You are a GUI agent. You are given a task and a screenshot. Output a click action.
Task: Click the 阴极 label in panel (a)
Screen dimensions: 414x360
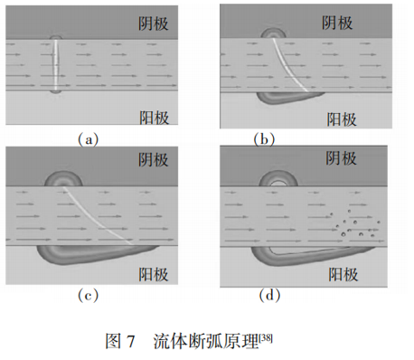click(x=154, y=24)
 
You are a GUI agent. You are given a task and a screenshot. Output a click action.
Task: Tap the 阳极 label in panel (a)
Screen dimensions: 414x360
click(x=154, y=118)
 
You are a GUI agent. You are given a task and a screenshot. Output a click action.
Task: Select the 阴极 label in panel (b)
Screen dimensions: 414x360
click(x=337, y=23)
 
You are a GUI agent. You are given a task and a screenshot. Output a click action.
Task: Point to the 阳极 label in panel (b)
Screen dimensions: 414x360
click(x=342, y=119)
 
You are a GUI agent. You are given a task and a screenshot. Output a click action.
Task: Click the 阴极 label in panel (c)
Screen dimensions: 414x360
click(x=154, y=160)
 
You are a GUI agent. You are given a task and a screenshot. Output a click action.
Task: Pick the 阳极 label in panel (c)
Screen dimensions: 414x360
click(x=154, y=274)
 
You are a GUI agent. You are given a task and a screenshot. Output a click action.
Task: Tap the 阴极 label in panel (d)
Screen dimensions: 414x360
click(x=341, y=158)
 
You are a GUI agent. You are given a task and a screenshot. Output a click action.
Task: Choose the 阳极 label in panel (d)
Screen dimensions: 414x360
click(x=343, y=275)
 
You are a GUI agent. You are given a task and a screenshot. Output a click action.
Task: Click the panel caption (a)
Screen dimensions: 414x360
click(x=89, y=139)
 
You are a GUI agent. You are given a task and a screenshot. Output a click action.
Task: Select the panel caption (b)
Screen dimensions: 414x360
click(x=264, y=139)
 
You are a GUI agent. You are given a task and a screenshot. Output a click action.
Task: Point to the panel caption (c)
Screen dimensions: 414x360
click(x=89, y=295)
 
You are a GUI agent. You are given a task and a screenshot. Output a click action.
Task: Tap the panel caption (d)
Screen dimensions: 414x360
click(x=269, y=295)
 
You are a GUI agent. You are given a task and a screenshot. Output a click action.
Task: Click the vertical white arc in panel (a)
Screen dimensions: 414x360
click(x=56, y=64)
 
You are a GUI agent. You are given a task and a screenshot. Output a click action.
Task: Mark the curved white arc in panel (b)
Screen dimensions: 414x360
click(x=287, y=63)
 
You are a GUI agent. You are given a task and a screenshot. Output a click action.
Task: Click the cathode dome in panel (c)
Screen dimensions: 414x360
click(x=63, y=180)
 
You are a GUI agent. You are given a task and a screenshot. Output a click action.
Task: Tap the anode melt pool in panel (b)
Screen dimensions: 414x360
click(x=289, y=98)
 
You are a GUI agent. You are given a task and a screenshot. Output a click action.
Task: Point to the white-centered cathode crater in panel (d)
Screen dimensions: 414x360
click(x=278, y=180)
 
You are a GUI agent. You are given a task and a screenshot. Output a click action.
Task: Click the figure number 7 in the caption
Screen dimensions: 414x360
click(x=130, y=342)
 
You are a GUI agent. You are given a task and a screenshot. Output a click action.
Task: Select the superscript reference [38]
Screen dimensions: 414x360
click(x=266, y=338)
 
